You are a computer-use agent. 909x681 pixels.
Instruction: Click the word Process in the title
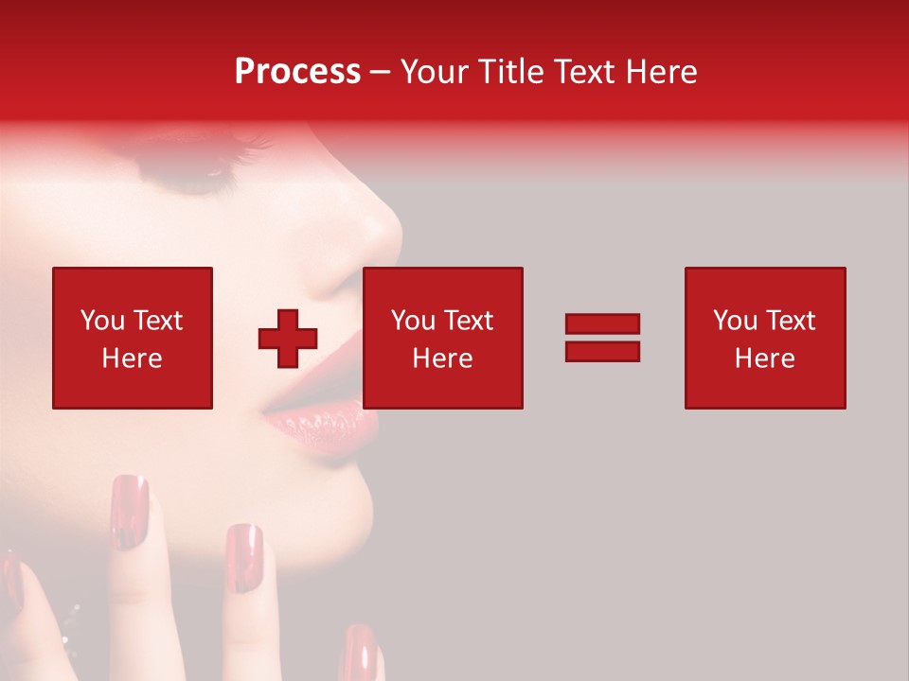click(x=297, y=71)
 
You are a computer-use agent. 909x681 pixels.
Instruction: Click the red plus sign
click(x=288, y=339)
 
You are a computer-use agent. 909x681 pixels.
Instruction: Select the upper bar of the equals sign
click(x=602, y=324)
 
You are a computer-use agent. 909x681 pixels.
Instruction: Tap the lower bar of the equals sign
click(x=602, y=351)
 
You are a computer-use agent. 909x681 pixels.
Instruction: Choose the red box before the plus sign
click(x=133, y=338)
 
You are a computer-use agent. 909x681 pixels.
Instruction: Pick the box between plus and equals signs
click(x=443, y=338)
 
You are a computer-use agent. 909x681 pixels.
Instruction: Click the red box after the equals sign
click(x=765, y=338)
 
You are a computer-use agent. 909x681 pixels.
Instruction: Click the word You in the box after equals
click(x=734, y=321)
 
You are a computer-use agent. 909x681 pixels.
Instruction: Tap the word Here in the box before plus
click(x=132, y=358)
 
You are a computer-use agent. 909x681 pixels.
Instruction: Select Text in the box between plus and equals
click(x=469, y=321)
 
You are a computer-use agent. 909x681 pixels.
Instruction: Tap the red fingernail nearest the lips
click(x=244, y=558)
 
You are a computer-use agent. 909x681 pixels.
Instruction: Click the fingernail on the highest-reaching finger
click(x=130, y=511)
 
